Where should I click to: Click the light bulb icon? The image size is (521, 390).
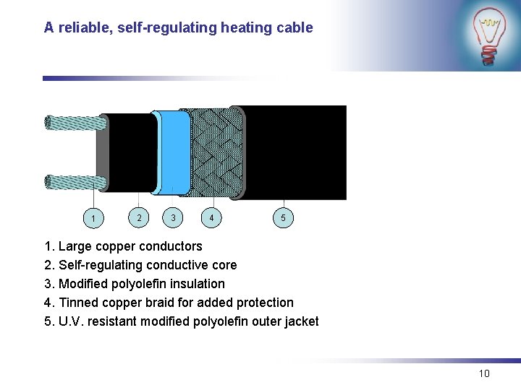tap(490, 36)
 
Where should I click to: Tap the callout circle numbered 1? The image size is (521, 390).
tap(93, 218)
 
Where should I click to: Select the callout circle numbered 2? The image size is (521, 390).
tap(139, 217)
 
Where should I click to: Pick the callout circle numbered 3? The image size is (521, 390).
tap(172, 217)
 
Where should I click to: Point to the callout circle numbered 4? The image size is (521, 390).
tap(211, 217)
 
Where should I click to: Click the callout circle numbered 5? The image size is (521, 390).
tap(283, 217)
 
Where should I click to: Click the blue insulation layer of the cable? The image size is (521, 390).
tap(174, 152)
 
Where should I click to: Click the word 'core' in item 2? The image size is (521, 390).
tap(224, 265)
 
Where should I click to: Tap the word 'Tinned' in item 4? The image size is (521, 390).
tap(77, 303)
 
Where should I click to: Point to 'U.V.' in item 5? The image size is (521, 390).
tap(70, 321)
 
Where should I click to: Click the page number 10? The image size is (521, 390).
tap(484, 373)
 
